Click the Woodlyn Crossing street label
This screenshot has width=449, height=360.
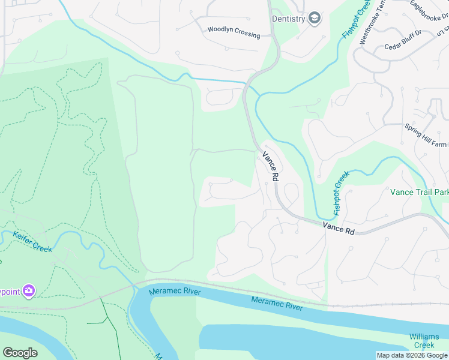[234, 32]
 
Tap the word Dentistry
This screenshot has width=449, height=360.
[289, 19]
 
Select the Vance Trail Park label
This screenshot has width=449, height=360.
[419, 193]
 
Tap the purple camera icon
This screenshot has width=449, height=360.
[28, 291]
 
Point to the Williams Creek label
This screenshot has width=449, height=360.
[424, 341]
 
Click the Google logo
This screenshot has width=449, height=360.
[20, 353]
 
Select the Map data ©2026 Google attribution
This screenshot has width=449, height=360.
[412, 355]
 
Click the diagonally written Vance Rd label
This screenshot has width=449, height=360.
[271, 166]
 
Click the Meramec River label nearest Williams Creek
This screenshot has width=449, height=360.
[277, 303]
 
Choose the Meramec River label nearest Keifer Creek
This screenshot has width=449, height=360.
[175, 292]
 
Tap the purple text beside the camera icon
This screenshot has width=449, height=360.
[10, 292]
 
